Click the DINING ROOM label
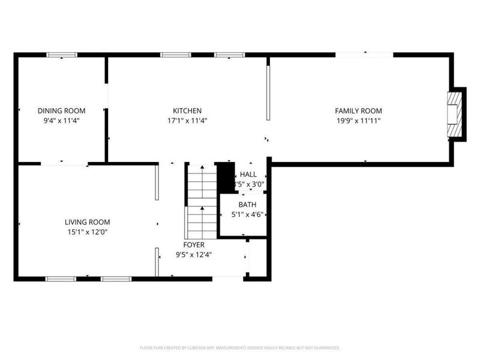[x=61, y=110]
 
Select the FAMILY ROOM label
[x=358, y=110]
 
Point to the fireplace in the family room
[x=456, y=114]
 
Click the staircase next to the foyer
[x=201, y=201]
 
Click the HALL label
[x=248, y=175]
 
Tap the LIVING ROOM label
[x=88, y=221]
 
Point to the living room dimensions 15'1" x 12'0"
[x=88, y=232]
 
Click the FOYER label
[x=194, y=245]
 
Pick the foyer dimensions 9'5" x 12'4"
[x=194, y=254]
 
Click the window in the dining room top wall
[x=62, y=55]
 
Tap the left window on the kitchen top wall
[x=175, y=55]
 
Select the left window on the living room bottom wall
[x=61, y=278]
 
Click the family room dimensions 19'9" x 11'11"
[x=358, y=121]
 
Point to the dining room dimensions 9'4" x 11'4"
[x=61, y=121]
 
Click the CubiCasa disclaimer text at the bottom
[x=240, y=347]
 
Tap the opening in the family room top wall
[x=364, y=55]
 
